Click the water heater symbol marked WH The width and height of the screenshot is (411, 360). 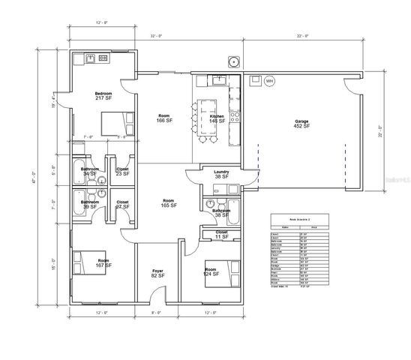(x=268, y=80)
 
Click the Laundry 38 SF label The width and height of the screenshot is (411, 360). (x=220, y=175)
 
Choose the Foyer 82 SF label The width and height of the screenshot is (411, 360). (x=157, y=274)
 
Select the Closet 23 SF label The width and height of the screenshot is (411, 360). (x=122, y=171)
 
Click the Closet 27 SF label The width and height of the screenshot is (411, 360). (x=122, y=204)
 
